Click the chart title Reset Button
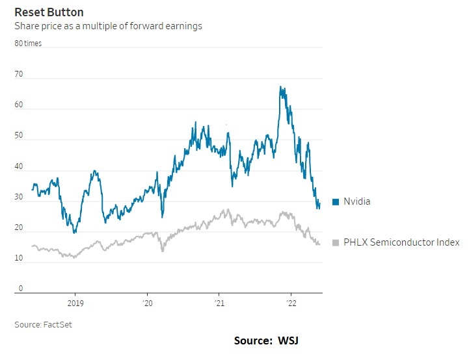pyautogui.click(x=49, y=12)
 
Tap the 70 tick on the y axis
pyautogui.click(x=19, y=75)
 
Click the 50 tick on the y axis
pyautogui.click(x=19, y=136)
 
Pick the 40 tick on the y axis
pyautogui.click(x=19, y=167)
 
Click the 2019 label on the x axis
pyautogui.click(x=75, y=303)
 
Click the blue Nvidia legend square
pyautogui.click(x=336, y=202)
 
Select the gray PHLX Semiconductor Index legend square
pyautogui.click(x=336, y=242)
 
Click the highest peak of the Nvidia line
pyautogui.click(x=280, y=86)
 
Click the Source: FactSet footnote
pyautogui.click(x=43, y=324)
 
